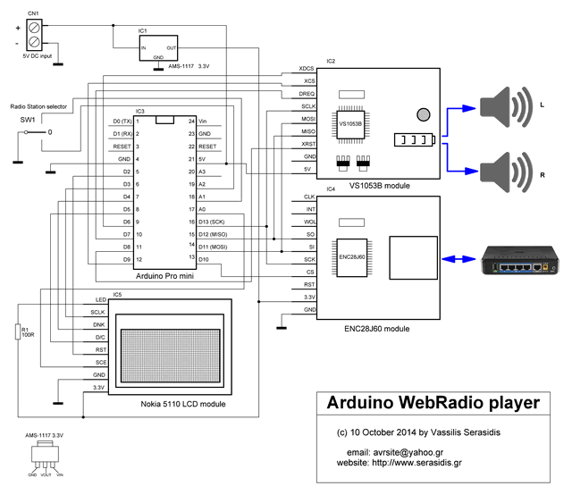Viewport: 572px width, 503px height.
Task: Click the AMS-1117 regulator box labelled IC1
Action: click(158, 47)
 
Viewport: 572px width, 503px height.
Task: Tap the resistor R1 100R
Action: click(17, 332)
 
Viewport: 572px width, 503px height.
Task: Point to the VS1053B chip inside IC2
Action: click(350, 126)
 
